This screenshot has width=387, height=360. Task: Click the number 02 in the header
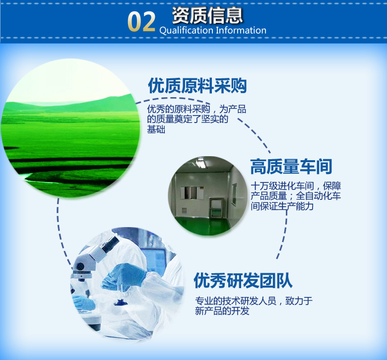(x=141, y=22)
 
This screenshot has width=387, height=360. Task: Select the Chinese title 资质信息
(x=207, y=15)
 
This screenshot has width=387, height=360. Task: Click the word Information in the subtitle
(x=241, y=30)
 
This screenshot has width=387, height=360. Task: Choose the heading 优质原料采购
(x=197, y=86)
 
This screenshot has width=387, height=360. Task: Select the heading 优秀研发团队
(x=243, y=281)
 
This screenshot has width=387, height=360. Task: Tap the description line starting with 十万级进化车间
(x=296, y=186)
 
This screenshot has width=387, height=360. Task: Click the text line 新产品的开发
(x=222, y=311)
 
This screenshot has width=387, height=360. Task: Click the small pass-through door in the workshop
(x=216, y=207)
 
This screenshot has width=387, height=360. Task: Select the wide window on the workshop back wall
(x=192, y=189)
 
